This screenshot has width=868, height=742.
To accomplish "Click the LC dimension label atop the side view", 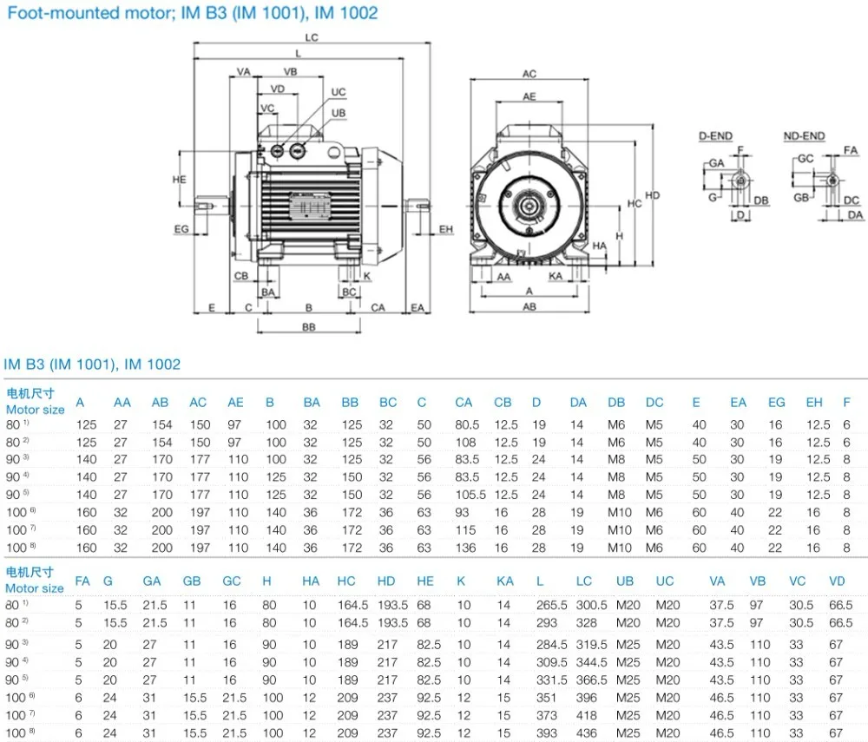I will [312, 37].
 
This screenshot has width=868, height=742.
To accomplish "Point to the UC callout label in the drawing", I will [339, 92].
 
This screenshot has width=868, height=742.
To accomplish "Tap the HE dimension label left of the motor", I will [180, 180].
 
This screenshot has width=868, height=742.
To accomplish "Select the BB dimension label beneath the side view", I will [308, 327].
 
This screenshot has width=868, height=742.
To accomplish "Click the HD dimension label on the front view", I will [653, 195].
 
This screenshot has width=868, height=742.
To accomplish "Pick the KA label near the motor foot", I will [556, 276].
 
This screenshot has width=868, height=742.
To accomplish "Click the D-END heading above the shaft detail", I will [716, 136].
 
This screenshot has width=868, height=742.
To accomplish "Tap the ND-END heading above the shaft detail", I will [804, 136].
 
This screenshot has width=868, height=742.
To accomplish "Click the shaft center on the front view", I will [529, 208].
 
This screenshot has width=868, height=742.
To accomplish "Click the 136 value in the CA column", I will [464, 548].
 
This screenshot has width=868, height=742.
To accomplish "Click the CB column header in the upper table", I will [503, 403].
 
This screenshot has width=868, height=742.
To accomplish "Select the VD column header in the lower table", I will [837, 581].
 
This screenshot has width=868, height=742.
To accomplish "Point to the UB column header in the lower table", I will [625, 581].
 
